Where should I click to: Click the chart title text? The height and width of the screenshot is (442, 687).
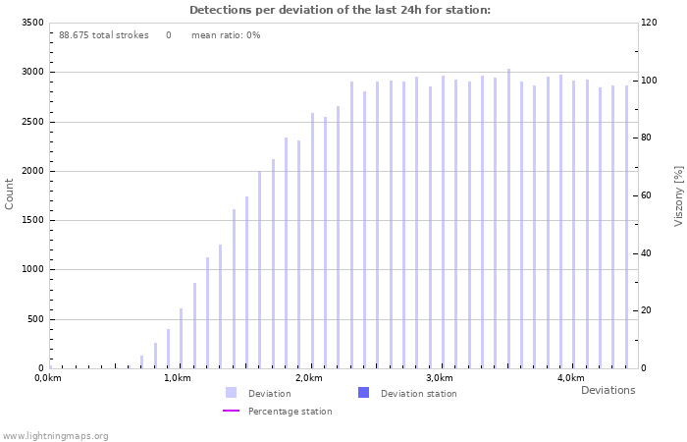click(340, 10)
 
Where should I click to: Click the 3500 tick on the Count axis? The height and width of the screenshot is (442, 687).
click(30, 23)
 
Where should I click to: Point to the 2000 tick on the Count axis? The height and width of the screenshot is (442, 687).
click(30, 171)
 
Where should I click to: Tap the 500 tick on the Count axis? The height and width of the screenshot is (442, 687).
click(33, 319)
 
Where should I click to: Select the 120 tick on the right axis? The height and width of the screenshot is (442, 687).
click(650, 23)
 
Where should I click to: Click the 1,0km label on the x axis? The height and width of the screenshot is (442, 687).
click(177, 378)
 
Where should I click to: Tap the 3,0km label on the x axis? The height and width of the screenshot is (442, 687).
click(439, 378)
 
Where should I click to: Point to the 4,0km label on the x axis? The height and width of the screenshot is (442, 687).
click(570, 378)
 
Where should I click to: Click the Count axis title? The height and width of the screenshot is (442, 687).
click(10, 193)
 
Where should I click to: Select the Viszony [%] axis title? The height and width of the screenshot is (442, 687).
click(678, 195)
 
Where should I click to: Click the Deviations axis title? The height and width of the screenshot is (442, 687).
click(608, 390)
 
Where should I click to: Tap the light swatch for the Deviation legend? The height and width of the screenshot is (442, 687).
click(231, 393)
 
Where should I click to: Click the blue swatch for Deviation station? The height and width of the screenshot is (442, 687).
click(363, 393)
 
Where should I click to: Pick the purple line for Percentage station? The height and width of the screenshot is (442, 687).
click(231, 411)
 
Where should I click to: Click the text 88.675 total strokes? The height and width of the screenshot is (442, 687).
click(103, 35)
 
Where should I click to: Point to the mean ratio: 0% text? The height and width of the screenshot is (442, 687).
click(226, 35)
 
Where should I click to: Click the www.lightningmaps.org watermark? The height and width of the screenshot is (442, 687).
click(55, 435)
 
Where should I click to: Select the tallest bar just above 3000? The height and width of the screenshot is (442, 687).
click(508, 218)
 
